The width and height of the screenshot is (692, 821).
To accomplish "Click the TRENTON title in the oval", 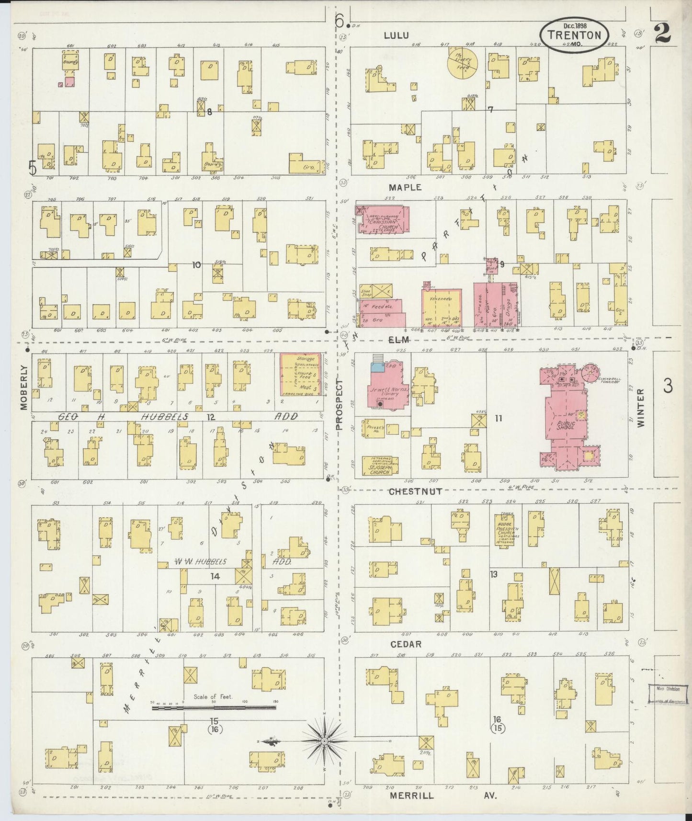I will (x=574, y=35).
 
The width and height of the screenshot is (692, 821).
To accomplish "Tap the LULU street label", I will (x=396, y=35).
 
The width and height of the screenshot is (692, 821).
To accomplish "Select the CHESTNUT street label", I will (x=415, y=491).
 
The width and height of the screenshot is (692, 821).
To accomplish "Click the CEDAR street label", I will (x=405, y=644).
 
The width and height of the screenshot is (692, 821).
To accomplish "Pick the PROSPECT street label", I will (x=340, y=405).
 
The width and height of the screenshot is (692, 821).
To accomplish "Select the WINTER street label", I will (x=640, y=408).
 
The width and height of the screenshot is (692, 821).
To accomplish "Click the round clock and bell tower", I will (x=592, y=372).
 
